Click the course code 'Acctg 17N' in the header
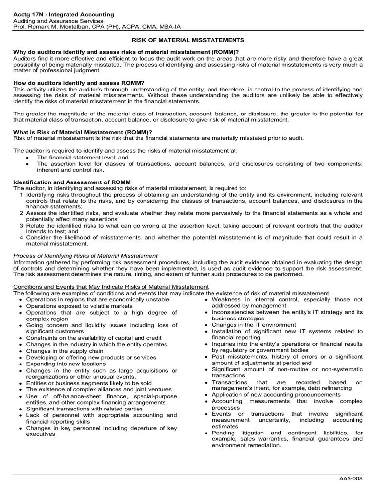[x=28, y=15]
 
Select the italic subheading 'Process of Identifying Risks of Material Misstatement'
[x=85, y=255]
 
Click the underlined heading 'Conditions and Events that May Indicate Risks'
[x=111, y=286]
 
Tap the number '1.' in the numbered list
[x=22, y=195]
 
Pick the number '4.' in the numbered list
[x=22, y=237]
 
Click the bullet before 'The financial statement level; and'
[x=30, y=158]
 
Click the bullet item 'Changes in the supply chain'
[x=65, y=351]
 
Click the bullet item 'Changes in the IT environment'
[x=254, y=325]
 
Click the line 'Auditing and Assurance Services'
[x=58, y=21]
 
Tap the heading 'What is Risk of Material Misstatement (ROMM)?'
[x=82, y=132]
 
